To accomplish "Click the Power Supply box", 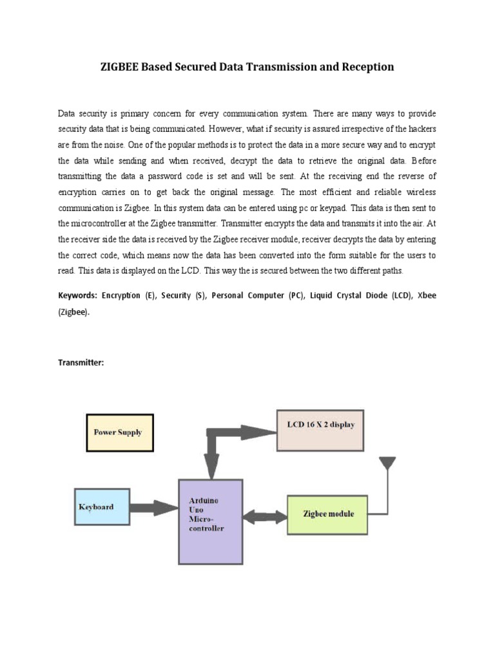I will pos(119,432).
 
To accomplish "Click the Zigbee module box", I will pos(327,514).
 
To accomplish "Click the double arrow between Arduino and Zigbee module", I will pos(264,515).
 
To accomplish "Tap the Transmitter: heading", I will pos(81,362).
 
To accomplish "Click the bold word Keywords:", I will pos(77,295).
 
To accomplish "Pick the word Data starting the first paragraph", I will pos(66,113).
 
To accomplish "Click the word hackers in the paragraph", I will pos(422,129).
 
